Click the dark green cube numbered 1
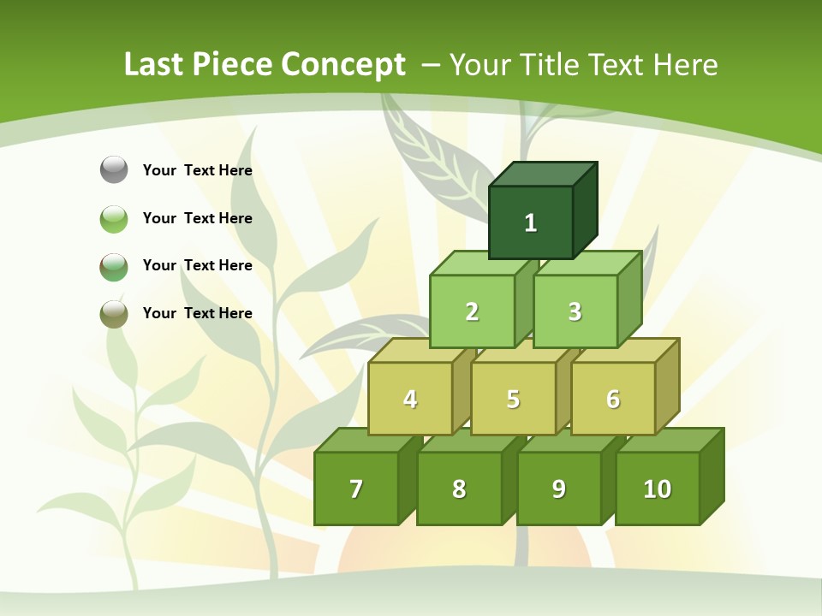point(531,222)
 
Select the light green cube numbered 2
point(472,311)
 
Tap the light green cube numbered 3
point(575,311)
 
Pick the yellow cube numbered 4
point(410,399)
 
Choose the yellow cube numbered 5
point(513,399)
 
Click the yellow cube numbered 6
point(613,399)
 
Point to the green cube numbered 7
point(356,489)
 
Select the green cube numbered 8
point(459,489)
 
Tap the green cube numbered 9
point(558,489)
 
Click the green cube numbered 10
point(657,489)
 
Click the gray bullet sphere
point(114,169)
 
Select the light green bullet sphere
point(114,218)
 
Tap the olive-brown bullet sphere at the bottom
point(114,313)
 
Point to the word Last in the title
point(154,65)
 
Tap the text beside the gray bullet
point(197,170)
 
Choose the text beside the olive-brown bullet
point(197,313)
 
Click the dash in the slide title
point(432,65)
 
